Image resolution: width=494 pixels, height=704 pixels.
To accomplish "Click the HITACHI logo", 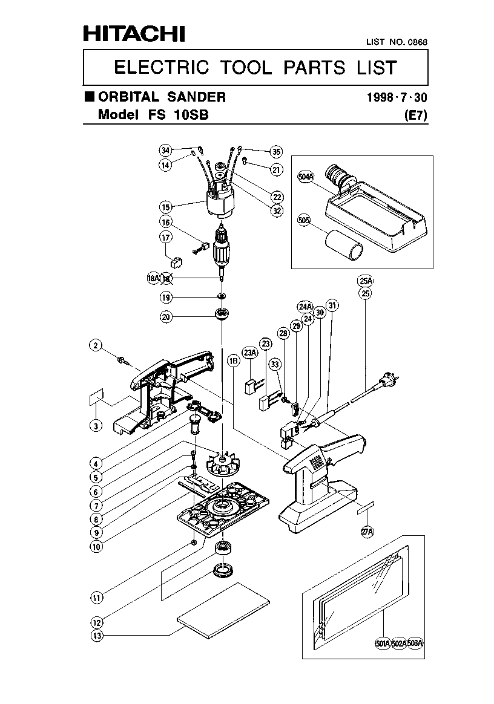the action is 134,34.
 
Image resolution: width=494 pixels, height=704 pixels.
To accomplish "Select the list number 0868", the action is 418,42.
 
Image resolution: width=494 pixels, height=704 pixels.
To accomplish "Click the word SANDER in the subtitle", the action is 196,97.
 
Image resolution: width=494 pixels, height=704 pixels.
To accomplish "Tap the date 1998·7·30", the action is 397,97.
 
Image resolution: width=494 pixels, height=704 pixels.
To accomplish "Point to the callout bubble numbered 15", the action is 166,207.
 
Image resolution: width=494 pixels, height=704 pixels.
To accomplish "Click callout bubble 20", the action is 166,317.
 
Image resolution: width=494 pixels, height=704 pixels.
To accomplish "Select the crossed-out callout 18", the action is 166,279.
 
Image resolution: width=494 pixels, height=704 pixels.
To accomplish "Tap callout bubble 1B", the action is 233,360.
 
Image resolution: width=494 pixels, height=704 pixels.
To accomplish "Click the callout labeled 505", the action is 305,220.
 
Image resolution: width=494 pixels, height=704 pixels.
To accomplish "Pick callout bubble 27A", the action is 367,532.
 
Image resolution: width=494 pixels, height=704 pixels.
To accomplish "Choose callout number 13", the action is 97,635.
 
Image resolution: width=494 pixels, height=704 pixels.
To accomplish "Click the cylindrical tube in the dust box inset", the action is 343,244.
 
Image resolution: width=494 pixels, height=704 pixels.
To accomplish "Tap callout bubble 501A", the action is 383,644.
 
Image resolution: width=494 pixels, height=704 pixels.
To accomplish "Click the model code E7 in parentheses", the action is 416,116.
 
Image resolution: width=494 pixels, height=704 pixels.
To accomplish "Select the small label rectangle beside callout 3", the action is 96,397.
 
